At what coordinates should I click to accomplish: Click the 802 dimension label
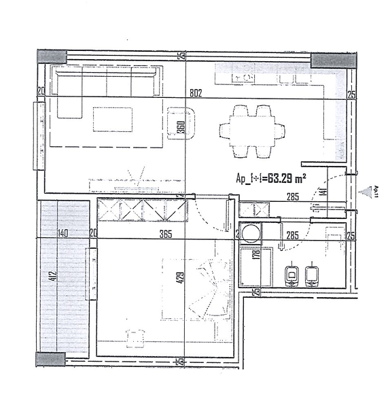[x=196, y=92]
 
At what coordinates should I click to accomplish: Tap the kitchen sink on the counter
[x=243, y=77]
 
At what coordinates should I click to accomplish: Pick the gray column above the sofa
[x=52, y=57]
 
